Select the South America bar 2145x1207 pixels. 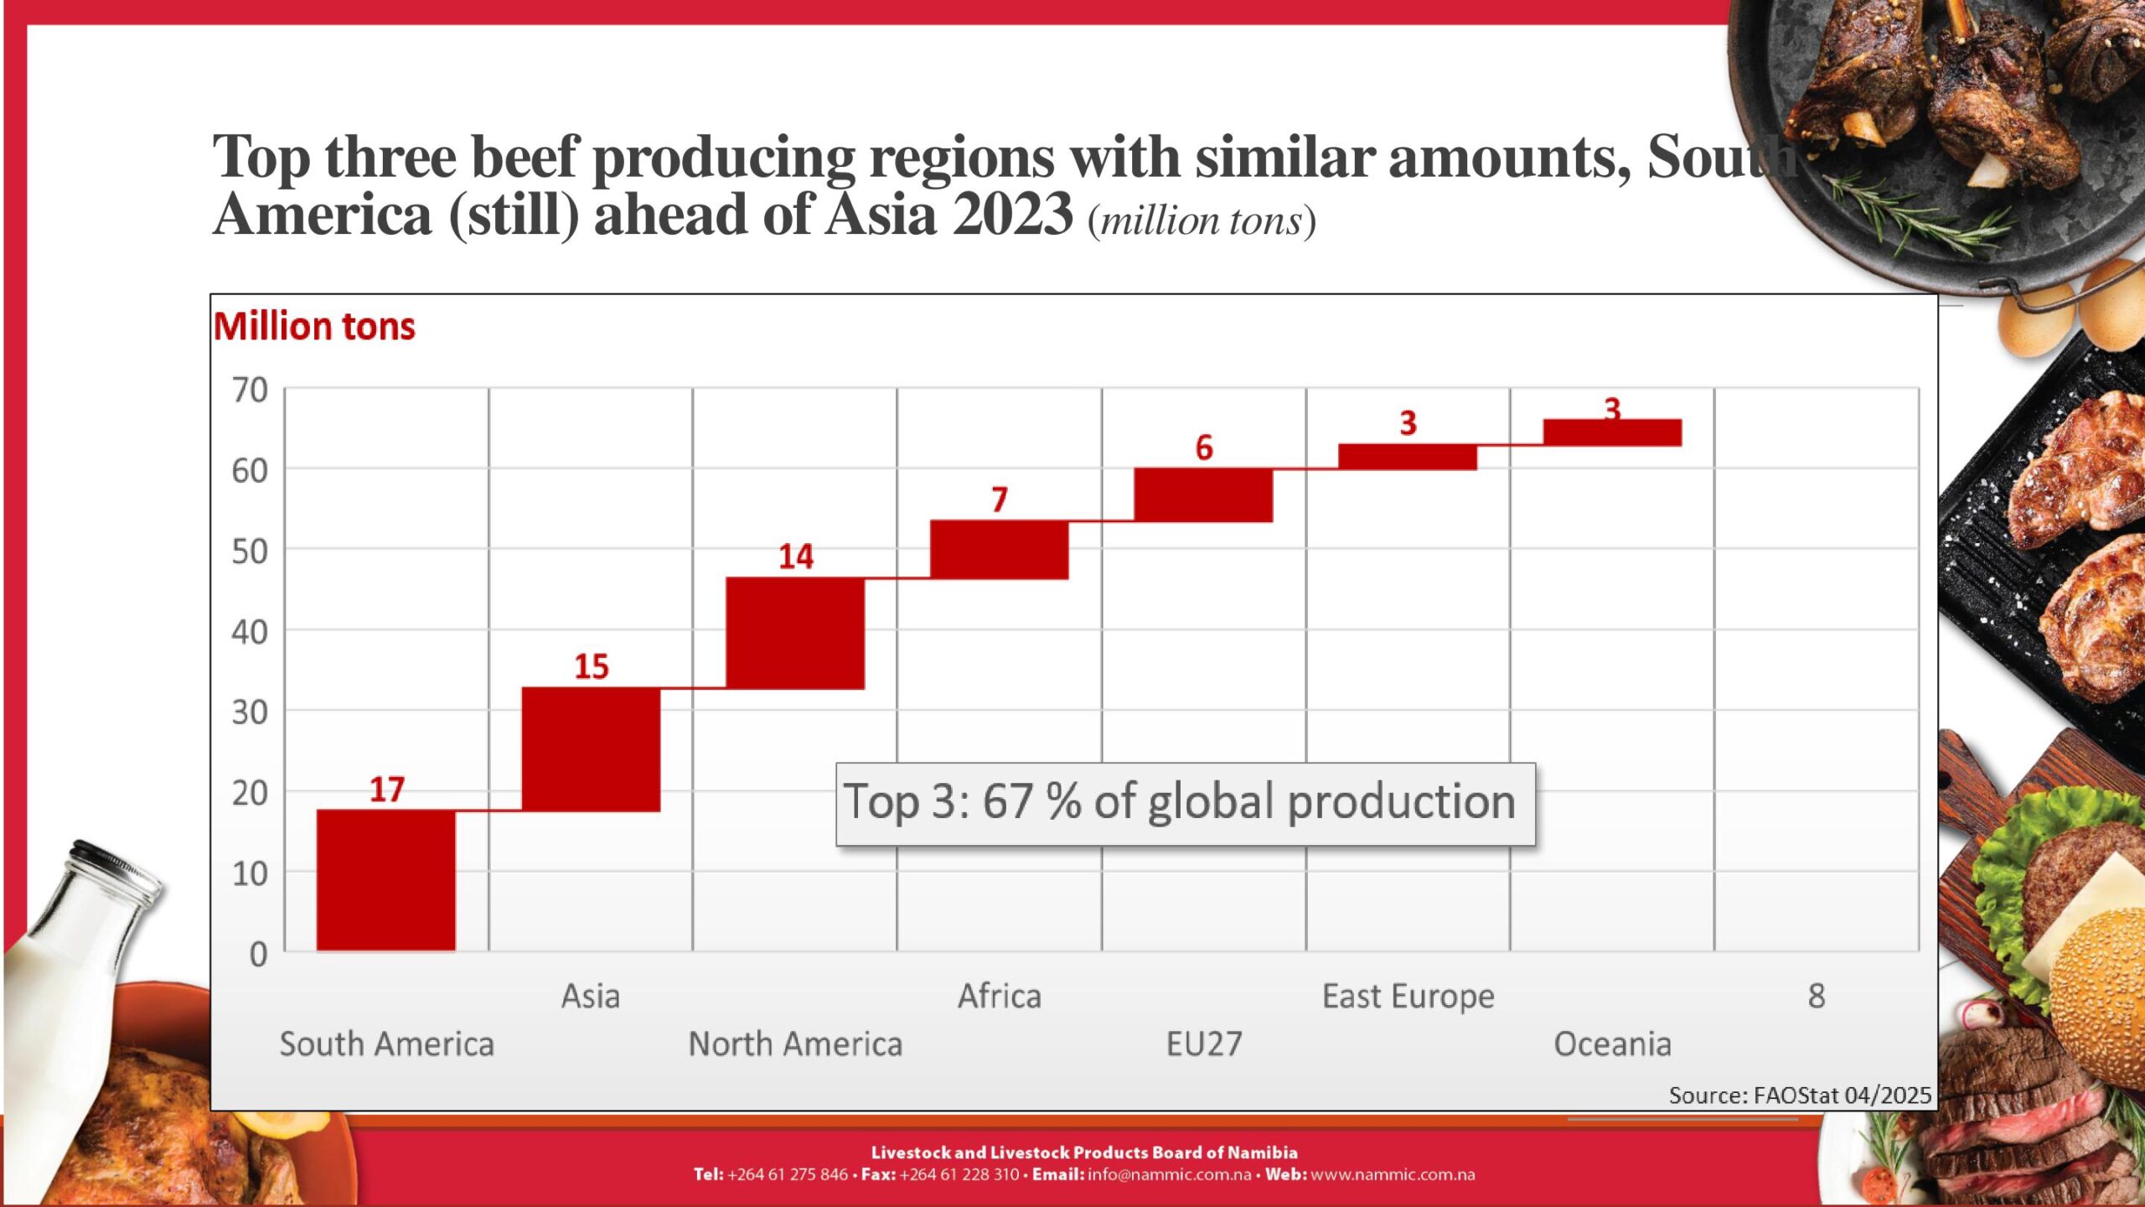pyautogui.click(x=386, y=880)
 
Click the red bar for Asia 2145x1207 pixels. pyautogui.click(x=591, y=749)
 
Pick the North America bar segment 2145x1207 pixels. pyautogui.click(x=795, y=634)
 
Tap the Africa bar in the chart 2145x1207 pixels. pyautogui.click(x=1000, y=550)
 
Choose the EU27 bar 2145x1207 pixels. pyautogui.click(x=1203, y=495)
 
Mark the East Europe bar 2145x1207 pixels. pyautogui.click(x=1408, y=457)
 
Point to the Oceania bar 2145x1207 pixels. pyautogui.click(x=1612, y=433)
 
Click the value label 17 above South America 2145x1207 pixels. pyautogui.click(x=387, y=789)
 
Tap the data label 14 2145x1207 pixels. pyautogui.click(x=796, y=557)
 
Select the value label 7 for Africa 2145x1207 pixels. pyautogui.click(x=1000, y=500)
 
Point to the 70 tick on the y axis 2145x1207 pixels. pyautogui.click(x=250, y=391)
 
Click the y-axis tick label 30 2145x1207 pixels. pyautogui.click(x=250, y=712)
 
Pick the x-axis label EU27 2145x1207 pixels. pyautogui.click(x=1204, y=1044)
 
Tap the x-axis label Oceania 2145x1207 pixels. pyautogui.click(x=1612, y=1044)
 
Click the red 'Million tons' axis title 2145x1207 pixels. pyautogui.click(x=314, y=326)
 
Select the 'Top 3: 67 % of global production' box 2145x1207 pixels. pyautogui.click(x=1186, y=803)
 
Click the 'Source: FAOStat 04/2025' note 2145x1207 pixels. pyautogui.click(x=1800, y=1096)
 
